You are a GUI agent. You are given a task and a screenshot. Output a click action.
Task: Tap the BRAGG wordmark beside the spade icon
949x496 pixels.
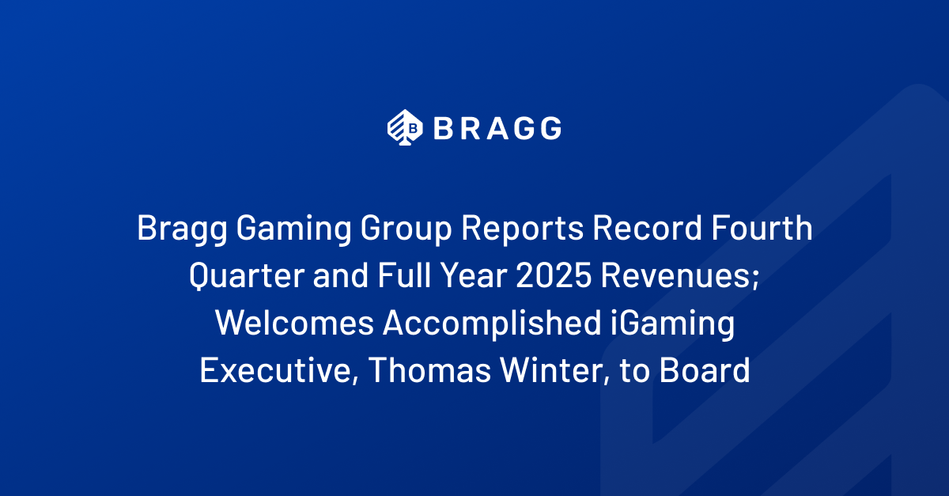coord(497,127)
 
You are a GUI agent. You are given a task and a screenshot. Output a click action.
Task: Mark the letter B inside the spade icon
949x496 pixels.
coord(412,127)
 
